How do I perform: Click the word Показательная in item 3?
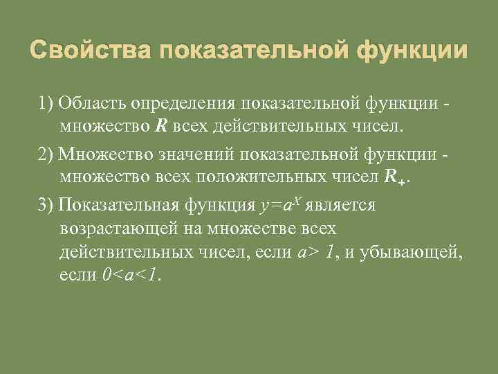(120, 204)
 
